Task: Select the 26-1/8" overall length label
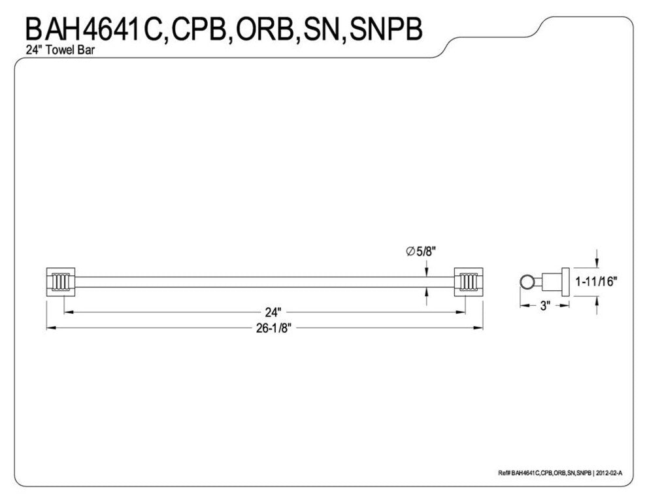[272, 329]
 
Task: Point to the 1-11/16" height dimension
[596, 282]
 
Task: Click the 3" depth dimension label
[545, 305]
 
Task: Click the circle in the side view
[525, 282]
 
